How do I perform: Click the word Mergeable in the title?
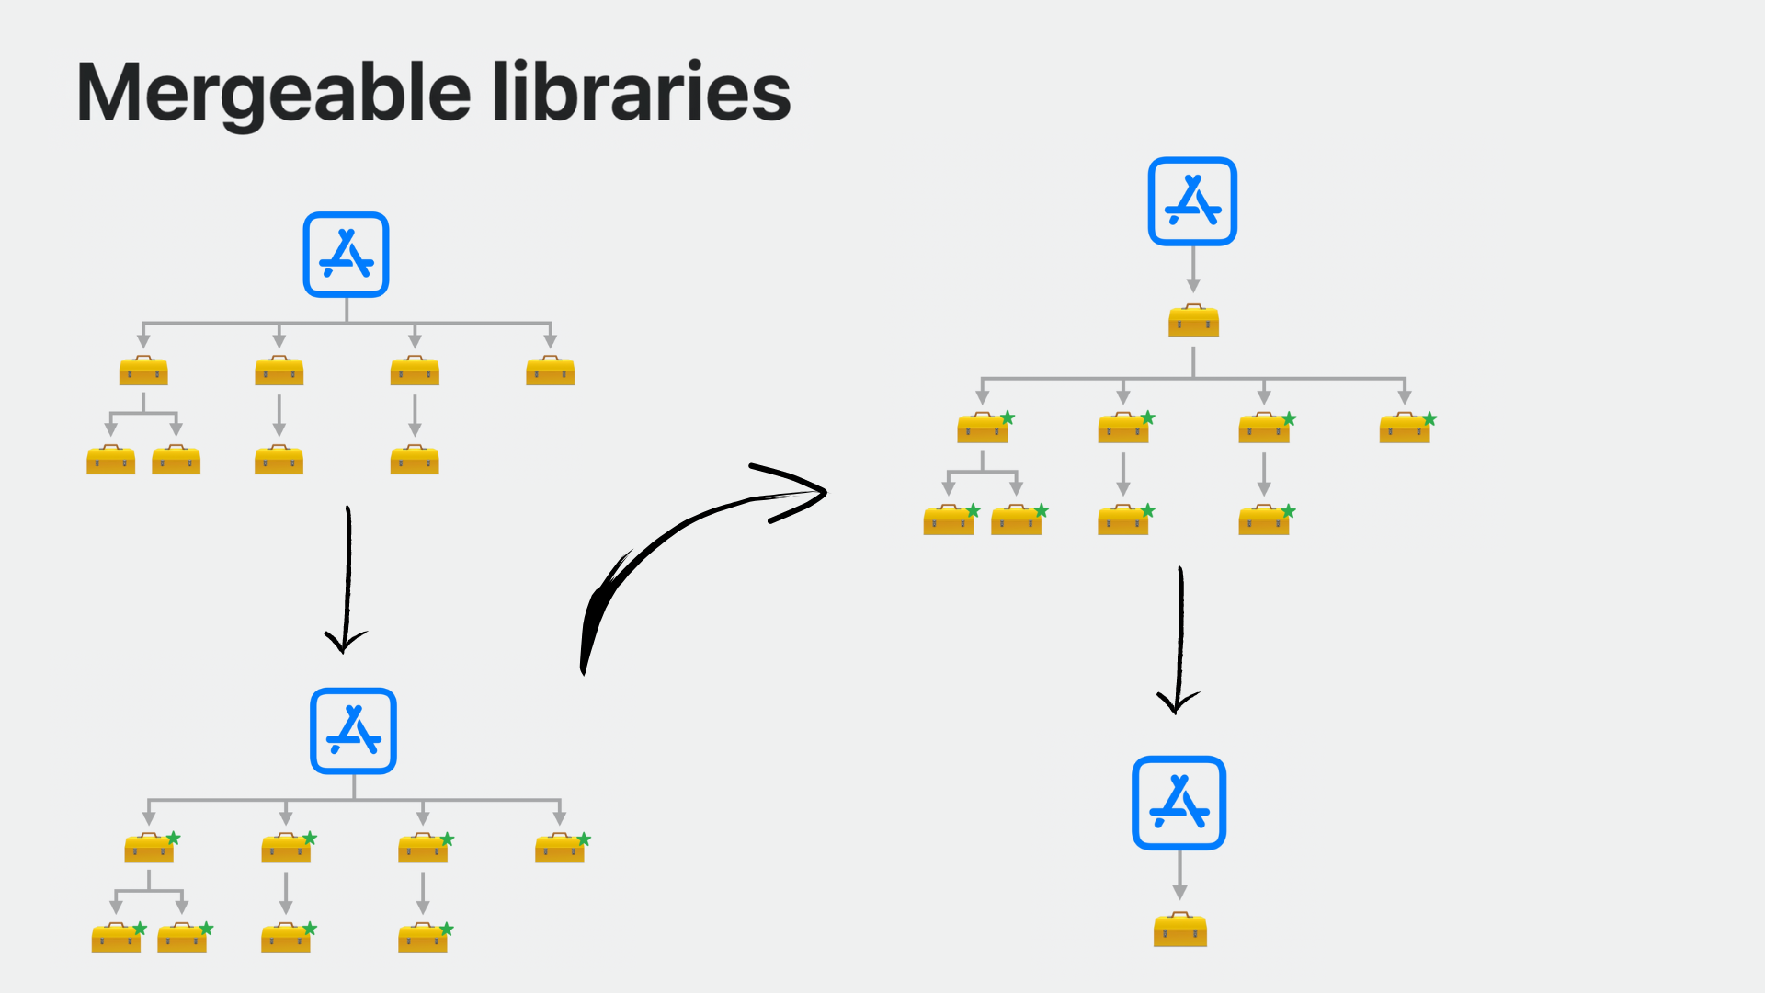click(274, 94)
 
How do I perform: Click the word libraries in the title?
click(641, 92)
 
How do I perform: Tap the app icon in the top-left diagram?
click(347, 255)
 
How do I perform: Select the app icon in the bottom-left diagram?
click(353, 731)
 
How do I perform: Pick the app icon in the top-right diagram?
click(1192, 201)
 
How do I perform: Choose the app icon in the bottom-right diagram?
click(1179, 803)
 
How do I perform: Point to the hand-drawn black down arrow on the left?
click(347, 579)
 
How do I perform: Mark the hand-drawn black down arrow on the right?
click(1179, 640)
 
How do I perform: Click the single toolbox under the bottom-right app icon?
click(1180, 930)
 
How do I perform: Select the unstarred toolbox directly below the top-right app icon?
click(1193, 321)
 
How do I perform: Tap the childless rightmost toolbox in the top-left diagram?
click(550, 371)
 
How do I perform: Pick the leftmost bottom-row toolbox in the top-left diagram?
click(110, 460)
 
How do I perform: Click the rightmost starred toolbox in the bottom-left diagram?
click(560, 848)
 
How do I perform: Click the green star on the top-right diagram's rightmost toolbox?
click(1429, 419)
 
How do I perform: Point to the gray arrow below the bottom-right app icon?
click(1179, 875)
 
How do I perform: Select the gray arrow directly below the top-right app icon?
click(1193, 270)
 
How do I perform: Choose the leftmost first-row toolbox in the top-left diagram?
click(143, 371)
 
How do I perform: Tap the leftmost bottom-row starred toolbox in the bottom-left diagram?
click(117, 937)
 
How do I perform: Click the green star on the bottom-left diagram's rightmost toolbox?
click(584, 839)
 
